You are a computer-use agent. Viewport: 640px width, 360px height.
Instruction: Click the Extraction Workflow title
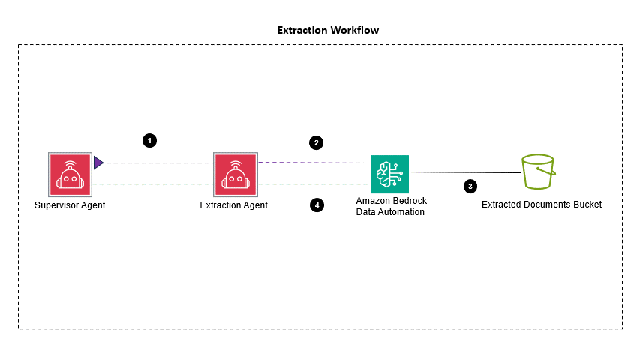click(328, 31)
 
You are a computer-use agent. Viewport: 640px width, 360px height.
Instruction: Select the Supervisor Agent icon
click(70, 173)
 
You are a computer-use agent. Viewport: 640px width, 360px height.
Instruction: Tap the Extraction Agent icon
click(235, 173)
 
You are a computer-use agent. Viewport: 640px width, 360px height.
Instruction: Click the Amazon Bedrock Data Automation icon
click(390, 174)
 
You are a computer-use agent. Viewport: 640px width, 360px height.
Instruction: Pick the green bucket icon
click(539, 173)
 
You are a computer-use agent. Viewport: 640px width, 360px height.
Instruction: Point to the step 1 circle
click(150, 140)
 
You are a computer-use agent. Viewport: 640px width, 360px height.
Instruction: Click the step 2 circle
click(317, 142)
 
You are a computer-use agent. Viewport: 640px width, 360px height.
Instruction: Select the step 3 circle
click(470, 185)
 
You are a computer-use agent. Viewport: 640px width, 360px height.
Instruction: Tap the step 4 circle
click(317, 204)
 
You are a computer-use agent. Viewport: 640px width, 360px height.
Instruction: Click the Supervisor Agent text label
click(70, 205)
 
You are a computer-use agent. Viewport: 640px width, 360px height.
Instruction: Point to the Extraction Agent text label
click(234, 205)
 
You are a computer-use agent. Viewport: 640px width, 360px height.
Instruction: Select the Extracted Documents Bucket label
click(542, 204)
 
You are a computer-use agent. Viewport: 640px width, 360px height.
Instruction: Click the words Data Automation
click(389, 212)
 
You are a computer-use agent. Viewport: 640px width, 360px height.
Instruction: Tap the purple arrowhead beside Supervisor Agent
click(98, 163)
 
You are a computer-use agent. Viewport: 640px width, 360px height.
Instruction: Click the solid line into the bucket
click(465, 172)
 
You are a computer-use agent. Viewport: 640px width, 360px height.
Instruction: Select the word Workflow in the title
click(353, 31)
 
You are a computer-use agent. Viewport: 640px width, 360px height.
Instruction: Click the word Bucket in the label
click(587, 204)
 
